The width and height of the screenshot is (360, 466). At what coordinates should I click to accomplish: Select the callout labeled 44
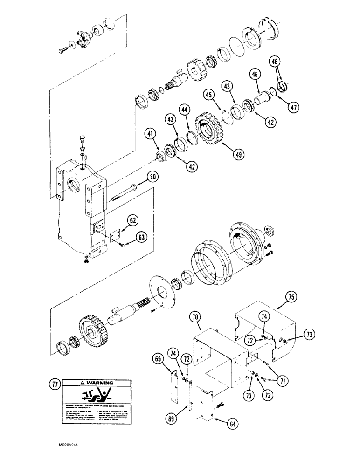pos(185,110)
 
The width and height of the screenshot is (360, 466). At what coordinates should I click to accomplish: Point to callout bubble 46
pos(255,74)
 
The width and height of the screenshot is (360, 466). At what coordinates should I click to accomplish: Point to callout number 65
pos(158,359)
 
